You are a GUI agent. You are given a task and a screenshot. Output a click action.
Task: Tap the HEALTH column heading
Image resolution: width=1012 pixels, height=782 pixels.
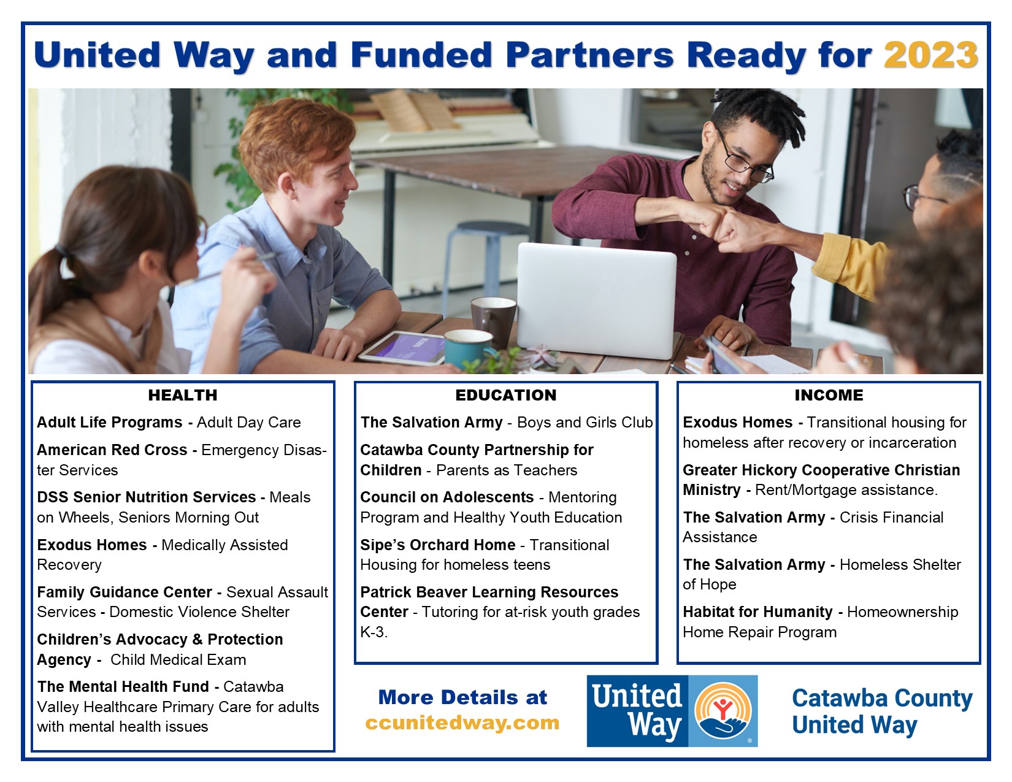click(x=183, y=395)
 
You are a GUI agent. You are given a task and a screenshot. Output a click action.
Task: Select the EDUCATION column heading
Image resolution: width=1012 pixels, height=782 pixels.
click(x=506, y=395)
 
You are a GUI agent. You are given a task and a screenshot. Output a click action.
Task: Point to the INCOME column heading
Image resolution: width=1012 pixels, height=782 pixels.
click(x=829, y=395)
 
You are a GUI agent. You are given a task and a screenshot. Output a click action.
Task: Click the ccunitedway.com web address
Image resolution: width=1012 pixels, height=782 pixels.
click(x=462, y=723)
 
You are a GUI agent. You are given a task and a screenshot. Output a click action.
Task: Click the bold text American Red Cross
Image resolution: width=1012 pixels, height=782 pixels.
click(x=112, y=450)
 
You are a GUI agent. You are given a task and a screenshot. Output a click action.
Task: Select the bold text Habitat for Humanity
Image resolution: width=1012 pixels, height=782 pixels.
click(x=757, y=611)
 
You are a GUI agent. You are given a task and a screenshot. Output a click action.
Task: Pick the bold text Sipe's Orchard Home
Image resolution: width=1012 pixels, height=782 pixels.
click(x=438, y=545)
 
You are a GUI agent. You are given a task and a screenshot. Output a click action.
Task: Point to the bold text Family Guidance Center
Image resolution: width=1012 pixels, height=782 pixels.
click(x=125, y=592)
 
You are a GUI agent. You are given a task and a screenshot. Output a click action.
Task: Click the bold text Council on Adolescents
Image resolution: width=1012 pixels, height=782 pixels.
click(x=447, y=497)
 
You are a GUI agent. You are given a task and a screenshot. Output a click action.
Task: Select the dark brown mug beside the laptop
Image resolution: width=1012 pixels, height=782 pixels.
click(x=493, y=321)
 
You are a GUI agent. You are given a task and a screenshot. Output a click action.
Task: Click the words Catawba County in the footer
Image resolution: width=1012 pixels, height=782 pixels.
click(x=882, y=698)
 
